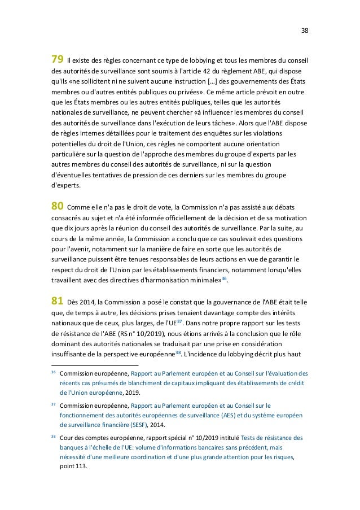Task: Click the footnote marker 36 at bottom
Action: click(54, 373)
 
